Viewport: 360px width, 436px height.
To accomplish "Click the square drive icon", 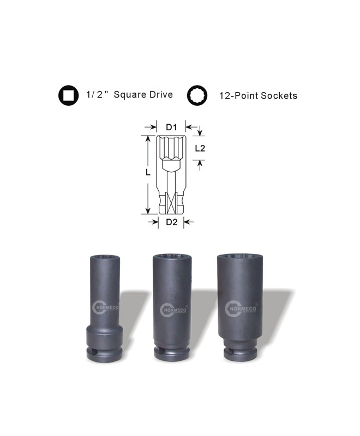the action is [x=68, y=95].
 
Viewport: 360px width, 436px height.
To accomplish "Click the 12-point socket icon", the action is [x=197, y=95].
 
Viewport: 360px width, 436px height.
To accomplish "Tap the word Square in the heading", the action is [x=130, y=95].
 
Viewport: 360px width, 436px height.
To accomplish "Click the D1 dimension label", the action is [x=171, y=127].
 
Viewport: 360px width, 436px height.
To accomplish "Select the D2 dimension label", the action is [x=172, y=222].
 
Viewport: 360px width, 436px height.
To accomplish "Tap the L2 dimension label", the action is [x=200, y=148].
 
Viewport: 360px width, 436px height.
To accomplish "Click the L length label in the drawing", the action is [x=148, y=172].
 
